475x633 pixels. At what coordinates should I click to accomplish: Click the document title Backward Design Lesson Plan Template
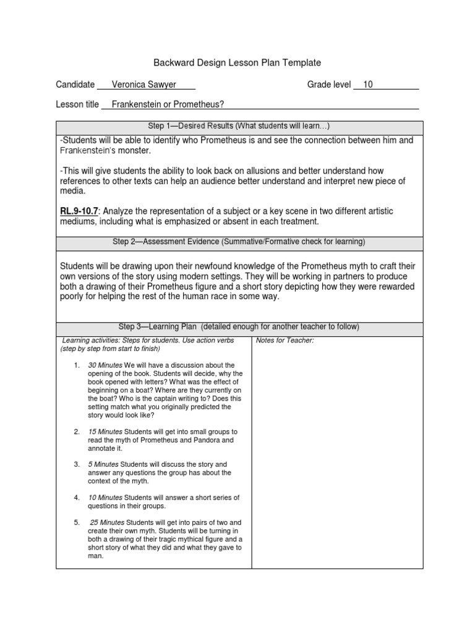click(x=237, y=62)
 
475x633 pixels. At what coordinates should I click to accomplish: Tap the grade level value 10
click(x=368, y=85)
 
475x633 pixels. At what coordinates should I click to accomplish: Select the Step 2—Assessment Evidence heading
click(x=239, y=241)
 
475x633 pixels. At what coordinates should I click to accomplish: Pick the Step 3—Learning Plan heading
click(x=239, y=326)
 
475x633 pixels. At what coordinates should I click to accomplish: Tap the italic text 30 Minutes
click(x=105, y=365)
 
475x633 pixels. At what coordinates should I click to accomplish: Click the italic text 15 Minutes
click(x=105, y=431)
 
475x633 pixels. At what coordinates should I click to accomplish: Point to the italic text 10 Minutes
click(x=105, y=498)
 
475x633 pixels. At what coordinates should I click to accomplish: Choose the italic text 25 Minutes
click(x=107, y=522)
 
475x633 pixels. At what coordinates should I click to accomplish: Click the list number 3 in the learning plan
click(x=76, y=464)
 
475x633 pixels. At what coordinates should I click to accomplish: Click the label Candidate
click(x=75, y=85)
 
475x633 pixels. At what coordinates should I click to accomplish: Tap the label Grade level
click(x=329, y=85)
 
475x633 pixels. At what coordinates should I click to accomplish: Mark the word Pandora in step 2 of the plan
click(x=221, y=440)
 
